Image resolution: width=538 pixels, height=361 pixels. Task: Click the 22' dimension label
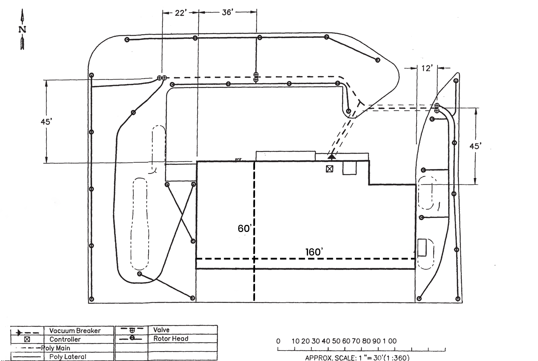click(180, 13)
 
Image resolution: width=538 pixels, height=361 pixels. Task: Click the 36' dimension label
click(228, 12)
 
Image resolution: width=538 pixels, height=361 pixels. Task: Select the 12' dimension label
click(427, 69)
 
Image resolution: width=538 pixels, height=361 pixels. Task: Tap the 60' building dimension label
click(245, 229)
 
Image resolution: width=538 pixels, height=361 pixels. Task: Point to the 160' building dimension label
click(314, 252)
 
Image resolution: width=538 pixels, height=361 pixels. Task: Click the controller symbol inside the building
click(329, 169)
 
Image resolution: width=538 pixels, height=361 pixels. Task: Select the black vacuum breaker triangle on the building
click(332, 156)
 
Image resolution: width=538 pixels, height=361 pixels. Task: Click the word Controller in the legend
click(65, 339)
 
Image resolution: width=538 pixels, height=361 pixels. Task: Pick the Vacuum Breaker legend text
click(75, 331)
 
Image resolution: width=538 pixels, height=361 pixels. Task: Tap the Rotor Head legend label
click(171, 339)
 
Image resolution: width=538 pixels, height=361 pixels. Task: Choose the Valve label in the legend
click(161, 330)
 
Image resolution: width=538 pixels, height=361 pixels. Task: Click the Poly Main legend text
click(56, 348)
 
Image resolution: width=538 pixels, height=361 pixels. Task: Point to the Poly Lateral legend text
click(68, 357)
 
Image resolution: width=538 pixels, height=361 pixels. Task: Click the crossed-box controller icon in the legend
click(27, 339)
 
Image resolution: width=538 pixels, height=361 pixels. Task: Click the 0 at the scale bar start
click(278, 341)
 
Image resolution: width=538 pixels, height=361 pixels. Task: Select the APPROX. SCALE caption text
click(357, 358)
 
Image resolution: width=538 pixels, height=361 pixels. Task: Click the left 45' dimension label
click(46, 121)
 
